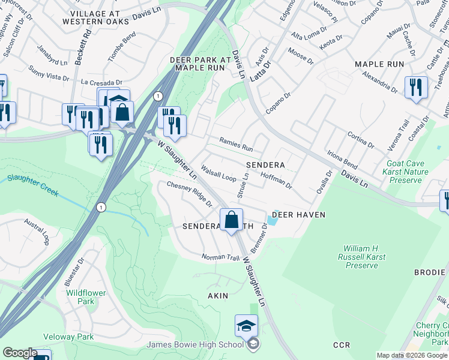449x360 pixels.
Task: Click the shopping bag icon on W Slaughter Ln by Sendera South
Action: (231, 220)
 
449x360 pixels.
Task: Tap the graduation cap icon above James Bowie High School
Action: (246, 326)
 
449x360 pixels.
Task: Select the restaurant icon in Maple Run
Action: (415, 88)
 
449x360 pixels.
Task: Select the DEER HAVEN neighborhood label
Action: (298, 215)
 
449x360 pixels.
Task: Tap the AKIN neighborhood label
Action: (218, 296)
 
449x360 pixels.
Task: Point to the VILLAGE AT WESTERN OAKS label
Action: (100, 17)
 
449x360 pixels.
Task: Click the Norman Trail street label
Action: (220, 257)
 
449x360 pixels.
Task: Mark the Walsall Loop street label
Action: (218, 174)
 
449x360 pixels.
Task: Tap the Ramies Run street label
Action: (236, 144)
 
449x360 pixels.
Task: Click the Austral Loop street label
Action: (36, 230)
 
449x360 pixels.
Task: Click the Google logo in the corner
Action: (20, 353)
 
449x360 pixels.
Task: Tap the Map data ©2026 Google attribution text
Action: (411, 355)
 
